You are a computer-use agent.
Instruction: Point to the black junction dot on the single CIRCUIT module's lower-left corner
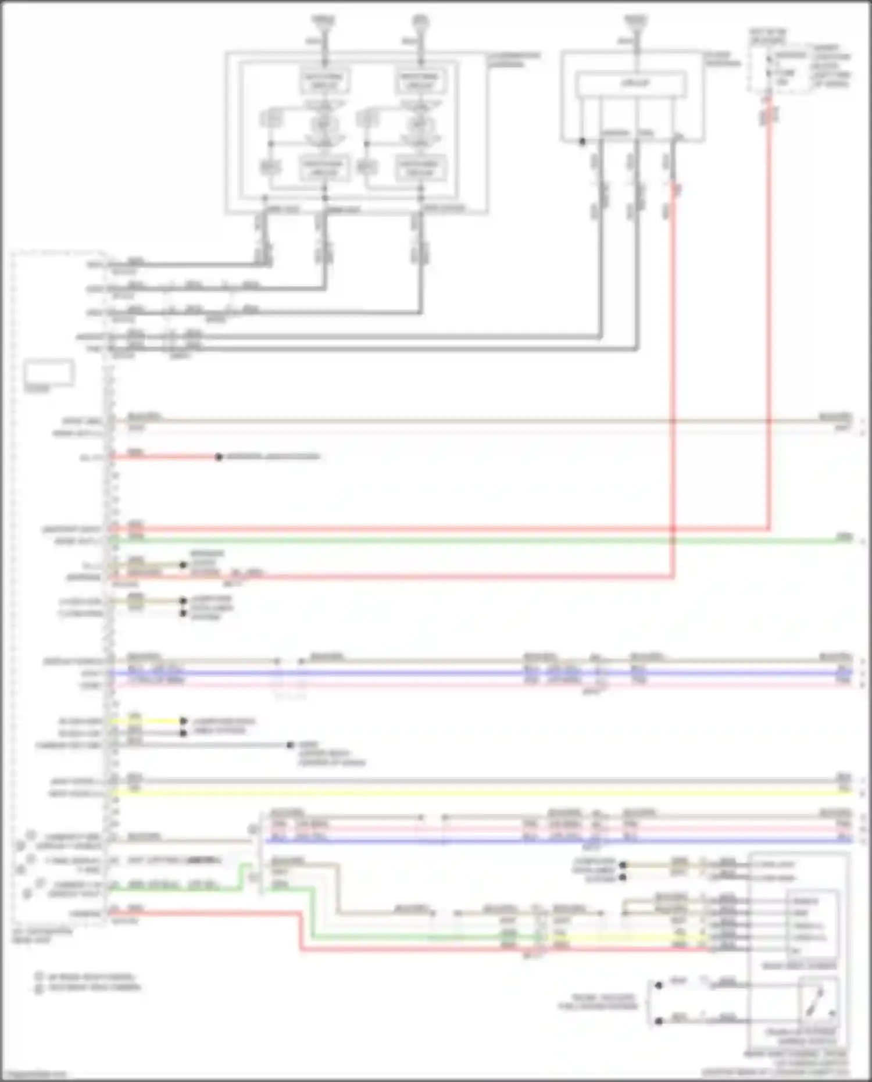click(x=582, y=141)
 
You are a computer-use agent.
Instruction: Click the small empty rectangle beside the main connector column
click(x=49, y=373)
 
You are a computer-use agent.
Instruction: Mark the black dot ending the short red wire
click(x=219, y=457)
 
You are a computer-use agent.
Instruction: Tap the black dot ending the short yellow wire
click(x=183, y=722)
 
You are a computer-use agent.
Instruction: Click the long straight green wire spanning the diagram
click(x=465, y=541)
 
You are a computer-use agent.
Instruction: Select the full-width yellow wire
click(x=465, y=792)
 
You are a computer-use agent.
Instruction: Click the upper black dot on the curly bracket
click(x=659, y=985)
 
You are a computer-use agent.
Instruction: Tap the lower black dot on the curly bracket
click(x=659, y=1021)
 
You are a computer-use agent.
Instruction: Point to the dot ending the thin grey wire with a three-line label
click(x=290, y=745)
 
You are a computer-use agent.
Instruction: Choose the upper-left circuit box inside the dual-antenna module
click(x=324, y=81)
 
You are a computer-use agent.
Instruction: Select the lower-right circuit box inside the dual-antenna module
click(x=420, y=167)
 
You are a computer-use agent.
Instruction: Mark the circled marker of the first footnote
click(x=39, y=977)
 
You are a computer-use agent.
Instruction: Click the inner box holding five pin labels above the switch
click(x=812, y=924)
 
